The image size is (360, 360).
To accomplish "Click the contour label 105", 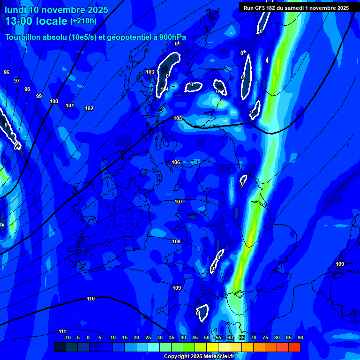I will [x=178, y=118].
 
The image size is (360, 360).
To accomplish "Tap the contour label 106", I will [x=176, y=162].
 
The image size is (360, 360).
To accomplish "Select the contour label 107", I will [x=179, y=202].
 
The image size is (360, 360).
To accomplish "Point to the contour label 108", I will [x=176, y=241].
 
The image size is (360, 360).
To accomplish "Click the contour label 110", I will [x=91, y=299].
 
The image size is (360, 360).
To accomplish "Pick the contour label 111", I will [x=62, y=331].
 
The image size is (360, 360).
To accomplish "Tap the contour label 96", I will [x=7, y=72].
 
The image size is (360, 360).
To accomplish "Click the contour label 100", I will [x=54, y=101].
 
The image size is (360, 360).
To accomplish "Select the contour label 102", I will [x=89, y=108].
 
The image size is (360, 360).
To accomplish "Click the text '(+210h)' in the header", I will [x=83, y=21].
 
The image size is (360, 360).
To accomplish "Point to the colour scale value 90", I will [x=300, y=337].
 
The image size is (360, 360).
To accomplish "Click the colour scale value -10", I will [x=67, y=337].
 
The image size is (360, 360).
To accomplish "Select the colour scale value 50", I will [x=207, y=337].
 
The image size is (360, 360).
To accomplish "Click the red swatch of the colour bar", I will [x=294, y=347].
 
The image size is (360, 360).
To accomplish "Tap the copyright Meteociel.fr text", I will [x=199, y=356].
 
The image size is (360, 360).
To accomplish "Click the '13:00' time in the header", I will [x=19, y=21].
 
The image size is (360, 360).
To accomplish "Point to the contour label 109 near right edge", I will [x=340, y=264].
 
